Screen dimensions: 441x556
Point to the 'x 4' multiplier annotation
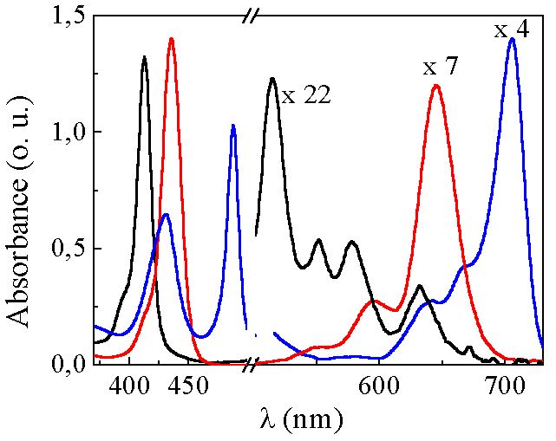tap(512, 30)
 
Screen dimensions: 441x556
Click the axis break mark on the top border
tap(253, 16)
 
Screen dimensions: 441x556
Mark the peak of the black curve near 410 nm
tap(144, 57)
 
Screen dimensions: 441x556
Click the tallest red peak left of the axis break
tap(172, 39)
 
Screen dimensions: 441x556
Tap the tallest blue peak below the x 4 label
tap(513, 39)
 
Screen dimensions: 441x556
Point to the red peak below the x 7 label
tap(436, 85)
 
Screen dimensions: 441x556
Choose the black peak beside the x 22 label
tap(272, 79)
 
